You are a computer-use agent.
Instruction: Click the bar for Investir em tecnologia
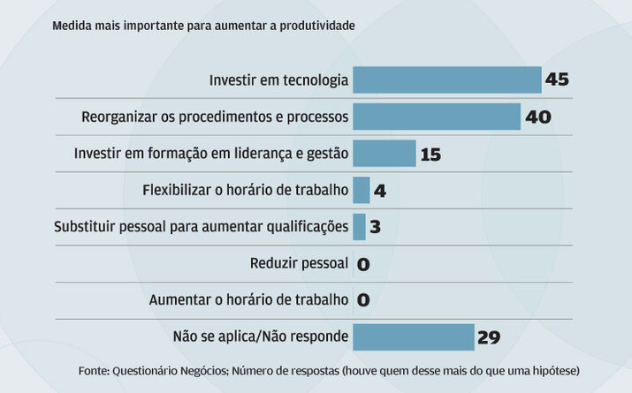(x=446, y=80)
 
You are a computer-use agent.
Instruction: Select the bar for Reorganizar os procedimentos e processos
(x=437, y=117)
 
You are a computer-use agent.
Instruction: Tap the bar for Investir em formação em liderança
(x=384, y=154)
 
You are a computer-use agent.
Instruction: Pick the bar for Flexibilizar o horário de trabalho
(x=361, y=190)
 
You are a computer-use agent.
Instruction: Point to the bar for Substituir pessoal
(x=359, y=227)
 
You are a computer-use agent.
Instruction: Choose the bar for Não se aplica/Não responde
(x=413, y=336)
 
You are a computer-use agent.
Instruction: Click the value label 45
(x=557, y=80)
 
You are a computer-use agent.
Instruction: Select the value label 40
(x=537, y=117)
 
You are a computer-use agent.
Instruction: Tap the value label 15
(x=430, y=155)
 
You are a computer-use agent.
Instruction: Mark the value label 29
(x=489, y=337)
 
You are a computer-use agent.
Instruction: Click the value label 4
(x=380, y=191)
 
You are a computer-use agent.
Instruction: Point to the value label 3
(x=375, y=227)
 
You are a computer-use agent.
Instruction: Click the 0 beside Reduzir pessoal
(x=362, y=264)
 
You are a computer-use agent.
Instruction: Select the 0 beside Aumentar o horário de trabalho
(x=362, y=300)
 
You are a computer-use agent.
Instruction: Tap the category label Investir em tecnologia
(x=278, y=80)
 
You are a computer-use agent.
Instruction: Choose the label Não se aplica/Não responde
(x=261, y=336)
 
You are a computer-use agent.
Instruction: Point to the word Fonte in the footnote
(x=94, y=371)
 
